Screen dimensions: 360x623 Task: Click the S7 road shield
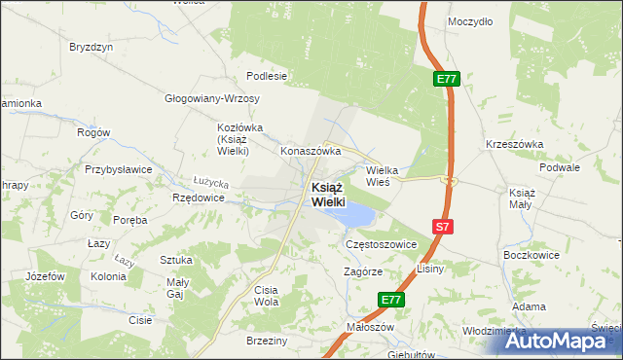coord(442,227)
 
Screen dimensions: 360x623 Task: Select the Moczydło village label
coord(469,20)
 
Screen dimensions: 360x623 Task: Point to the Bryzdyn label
coord(92,47)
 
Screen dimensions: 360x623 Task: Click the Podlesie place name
coord(267,76)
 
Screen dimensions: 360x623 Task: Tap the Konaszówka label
coord(310,152)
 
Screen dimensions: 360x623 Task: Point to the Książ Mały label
coord(522,198)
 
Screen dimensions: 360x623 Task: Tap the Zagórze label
coord(363,272)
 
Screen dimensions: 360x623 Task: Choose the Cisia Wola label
coord(266,296)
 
